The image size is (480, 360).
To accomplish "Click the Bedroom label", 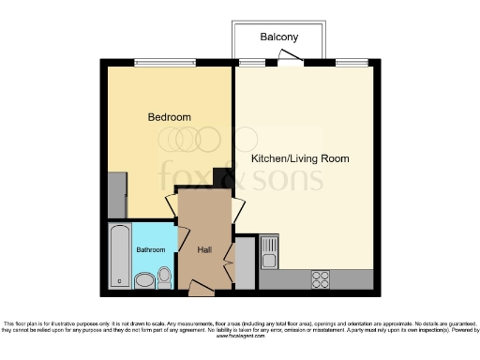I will tap(170, 117).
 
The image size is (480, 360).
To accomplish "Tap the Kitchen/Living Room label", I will tap(300, 158).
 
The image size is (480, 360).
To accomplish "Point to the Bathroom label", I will tap(151, 249).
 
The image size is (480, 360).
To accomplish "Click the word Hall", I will tap(205, 250).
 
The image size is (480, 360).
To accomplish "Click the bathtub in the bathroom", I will tap(119, 255).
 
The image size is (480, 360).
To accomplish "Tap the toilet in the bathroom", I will tap(165, 276).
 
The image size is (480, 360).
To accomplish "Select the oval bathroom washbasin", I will tap(144, 280).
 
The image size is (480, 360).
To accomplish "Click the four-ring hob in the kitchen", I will tap(321, 278).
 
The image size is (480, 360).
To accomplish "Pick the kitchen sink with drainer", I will tap(269, 251).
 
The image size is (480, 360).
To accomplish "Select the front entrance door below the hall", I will tap(201, 283).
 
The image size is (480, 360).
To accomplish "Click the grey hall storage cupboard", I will tap(244, 262).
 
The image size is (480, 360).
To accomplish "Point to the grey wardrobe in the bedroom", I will tap(116, 194).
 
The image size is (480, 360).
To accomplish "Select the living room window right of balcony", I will tap(352, 62).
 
